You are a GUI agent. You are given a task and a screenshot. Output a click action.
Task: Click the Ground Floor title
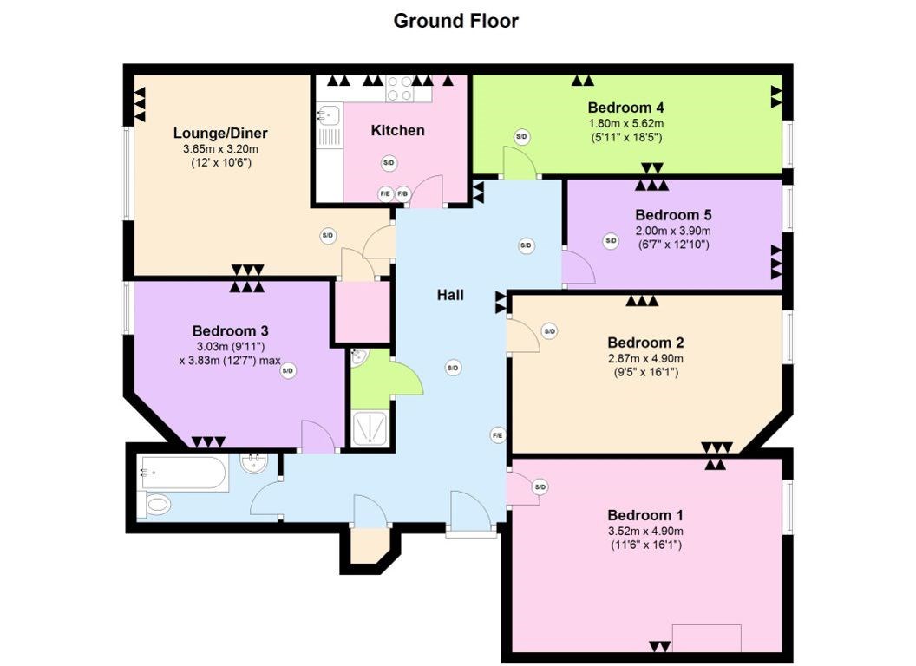[455, 21]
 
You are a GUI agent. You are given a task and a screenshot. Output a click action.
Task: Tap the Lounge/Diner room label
[220, 134]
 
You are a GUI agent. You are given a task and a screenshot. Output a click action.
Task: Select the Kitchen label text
[398, 130]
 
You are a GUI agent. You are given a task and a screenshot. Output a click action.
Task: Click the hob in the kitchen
[400, 88]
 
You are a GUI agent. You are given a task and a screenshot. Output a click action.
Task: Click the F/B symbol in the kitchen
[403, 193]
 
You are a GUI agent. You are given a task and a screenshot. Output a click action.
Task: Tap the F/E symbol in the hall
[498, 435]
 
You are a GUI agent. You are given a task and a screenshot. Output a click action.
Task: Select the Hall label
[450, 295]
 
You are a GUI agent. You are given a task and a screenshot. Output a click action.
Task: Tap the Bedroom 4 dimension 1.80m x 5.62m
[625, 124]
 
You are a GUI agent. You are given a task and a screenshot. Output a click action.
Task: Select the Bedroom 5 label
[674, 215]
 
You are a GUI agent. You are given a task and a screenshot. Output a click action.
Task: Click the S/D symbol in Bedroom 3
[287, 371]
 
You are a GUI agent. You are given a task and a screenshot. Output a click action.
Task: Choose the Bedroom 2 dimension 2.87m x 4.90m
[645, 359]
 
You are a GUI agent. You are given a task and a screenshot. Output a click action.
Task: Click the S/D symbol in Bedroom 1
[540, 487]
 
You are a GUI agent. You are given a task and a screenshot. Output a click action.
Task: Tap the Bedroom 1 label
[645, 515]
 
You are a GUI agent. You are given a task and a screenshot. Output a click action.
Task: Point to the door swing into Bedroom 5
[579, 267]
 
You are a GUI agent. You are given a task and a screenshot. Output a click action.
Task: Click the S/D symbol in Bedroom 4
[521, 137]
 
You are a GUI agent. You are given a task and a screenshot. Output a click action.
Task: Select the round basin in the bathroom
[255, 464]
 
